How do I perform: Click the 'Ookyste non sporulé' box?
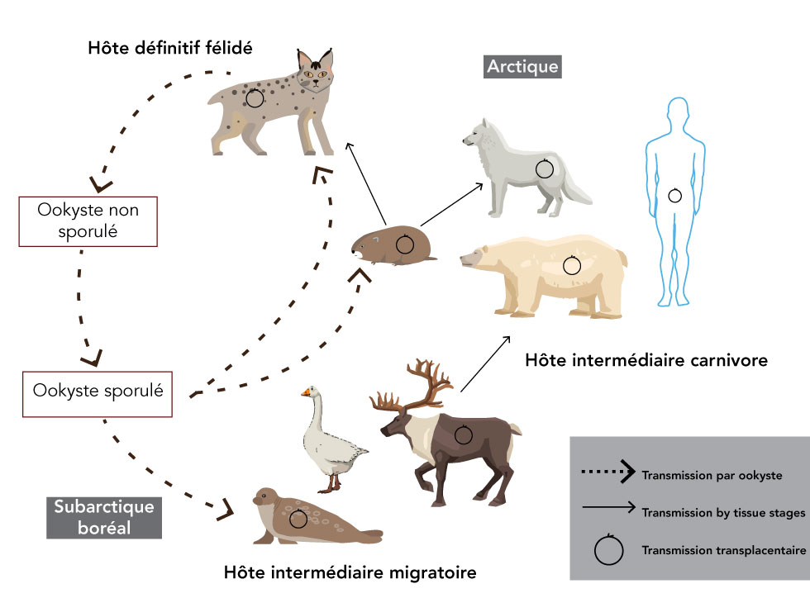pyautogui.click(x=88, y=221)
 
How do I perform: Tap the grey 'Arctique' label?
pyautogui.click(x=522, y=66)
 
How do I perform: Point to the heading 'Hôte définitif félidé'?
pyautogui.click(x=170, y=47)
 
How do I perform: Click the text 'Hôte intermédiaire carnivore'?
pyautogui.click(x=646, y=361)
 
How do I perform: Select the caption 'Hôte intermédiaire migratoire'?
pyautogui.click(x=350, y=572)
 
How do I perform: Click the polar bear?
pyautogui.click(x=546, y=273)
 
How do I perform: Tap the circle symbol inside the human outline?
pyautogui.click(x=675, y=195)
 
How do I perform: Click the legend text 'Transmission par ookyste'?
pyautogui.click(x=712, y=475)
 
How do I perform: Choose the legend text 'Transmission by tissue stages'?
pyautogui.click(x=722, y=513)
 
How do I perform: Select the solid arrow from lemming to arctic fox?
pyautogui.click(x=452, y=204)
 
